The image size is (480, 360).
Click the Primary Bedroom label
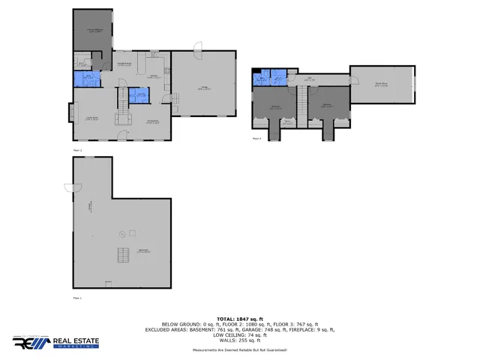click(94, 31)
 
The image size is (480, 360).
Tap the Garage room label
click(204, 88)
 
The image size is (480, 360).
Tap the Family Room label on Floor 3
click(381, 85)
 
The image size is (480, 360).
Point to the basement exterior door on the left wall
click(70, 187)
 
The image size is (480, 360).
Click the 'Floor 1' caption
click(76, 298)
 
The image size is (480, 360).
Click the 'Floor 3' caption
click(256, 139)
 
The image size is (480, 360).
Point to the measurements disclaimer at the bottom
click(240, 349)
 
